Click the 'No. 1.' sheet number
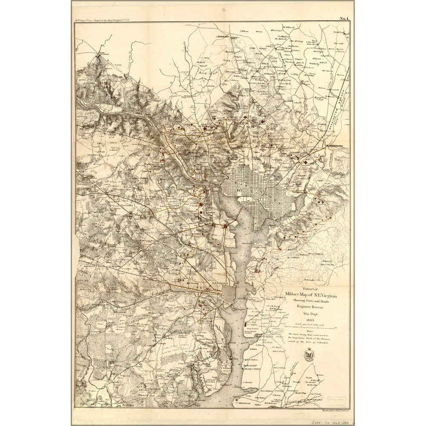coord(344,18)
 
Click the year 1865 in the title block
coord(310,319)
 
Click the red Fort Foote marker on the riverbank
coord(247,325)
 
